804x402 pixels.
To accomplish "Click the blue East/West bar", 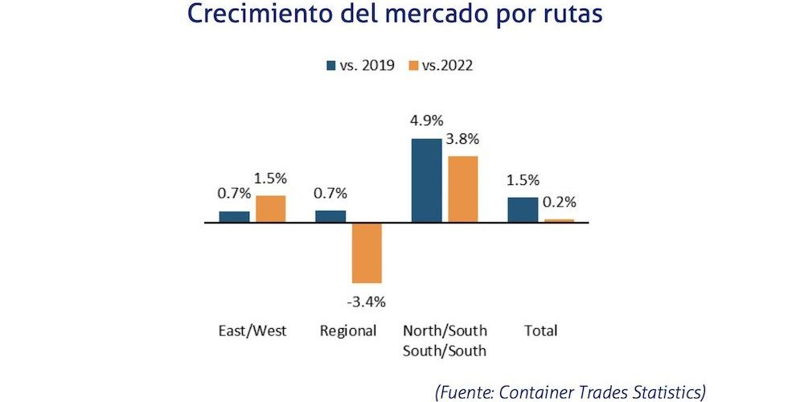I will [234, 216].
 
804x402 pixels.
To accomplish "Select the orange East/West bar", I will [271, 208].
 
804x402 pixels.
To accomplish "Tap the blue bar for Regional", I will [330, 215].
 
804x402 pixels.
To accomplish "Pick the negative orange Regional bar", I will [367, 252].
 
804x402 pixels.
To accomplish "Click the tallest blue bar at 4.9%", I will [426, 180].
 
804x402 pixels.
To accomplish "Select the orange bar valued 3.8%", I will [463, 189].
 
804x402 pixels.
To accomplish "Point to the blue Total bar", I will [523, 209].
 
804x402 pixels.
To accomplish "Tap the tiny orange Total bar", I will [559, 219].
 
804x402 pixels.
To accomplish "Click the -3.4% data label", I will [367, 302].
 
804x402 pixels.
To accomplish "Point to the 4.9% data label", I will [426, 120].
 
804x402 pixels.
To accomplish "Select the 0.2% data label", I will [560, 201].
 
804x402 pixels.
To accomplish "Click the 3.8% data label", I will [464, 138].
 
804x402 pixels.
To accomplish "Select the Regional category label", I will [348, 330].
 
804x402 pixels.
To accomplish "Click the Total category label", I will [540, 330].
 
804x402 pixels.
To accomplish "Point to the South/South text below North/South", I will [445, 351].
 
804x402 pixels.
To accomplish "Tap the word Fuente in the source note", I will [466, 392].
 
